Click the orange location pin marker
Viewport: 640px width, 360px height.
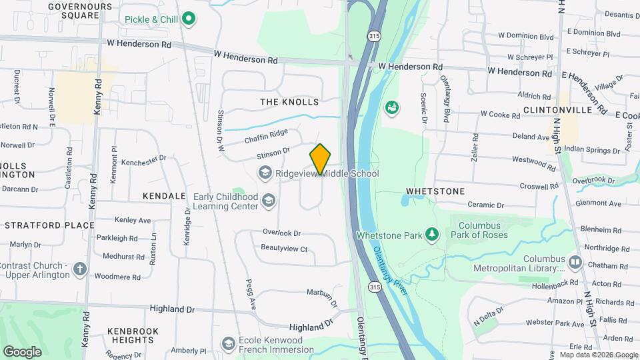click(x=321, y=159)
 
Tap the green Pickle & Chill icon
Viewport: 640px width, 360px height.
click(x=189, y=19)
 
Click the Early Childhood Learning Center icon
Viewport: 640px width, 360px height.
click(x=269, y=201)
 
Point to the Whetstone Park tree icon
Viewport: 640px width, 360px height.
click(x=433, y=235)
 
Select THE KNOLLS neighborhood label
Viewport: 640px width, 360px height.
click(x=289, y=102)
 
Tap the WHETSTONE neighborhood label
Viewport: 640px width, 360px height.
click(x=435, y=191)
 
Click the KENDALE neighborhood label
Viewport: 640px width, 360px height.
click(x=164, y=196)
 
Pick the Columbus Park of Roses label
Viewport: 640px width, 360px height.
click(x=479, y=230)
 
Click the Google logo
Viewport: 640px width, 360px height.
click(x=21, y=351)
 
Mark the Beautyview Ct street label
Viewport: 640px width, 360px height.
click(x=284, y=249)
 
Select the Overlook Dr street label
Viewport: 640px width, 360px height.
click(x=281, y=233)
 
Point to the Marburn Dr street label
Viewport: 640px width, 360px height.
click(x=323, y=294)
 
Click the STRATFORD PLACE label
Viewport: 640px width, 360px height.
click(x=49, y=225)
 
